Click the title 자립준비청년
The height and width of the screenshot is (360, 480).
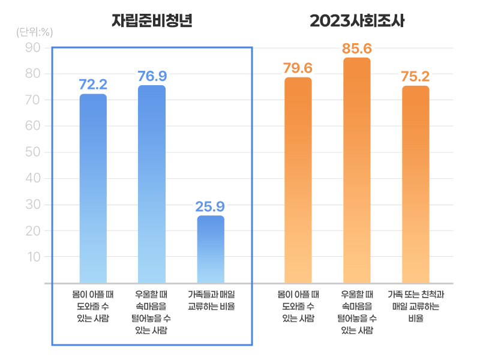click(x=151, y=21)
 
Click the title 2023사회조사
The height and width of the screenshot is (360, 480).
click(x=357, y=21)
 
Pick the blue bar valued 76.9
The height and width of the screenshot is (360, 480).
click(x=152, y=184)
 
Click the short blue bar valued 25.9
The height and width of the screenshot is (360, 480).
click(x=210, y=249)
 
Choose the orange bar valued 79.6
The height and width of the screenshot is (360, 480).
click(x=298, y=179)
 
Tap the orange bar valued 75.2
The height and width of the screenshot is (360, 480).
click(x=415, y=184)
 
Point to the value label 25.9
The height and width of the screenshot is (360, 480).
click(x=210, y=207)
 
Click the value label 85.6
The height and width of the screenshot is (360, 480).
click(x=357, y=49)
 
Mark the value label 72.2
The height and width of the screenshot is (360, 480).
click(x=93, y=85)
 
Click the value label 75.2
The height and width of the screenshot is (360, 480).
click(x=415, y=76)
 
